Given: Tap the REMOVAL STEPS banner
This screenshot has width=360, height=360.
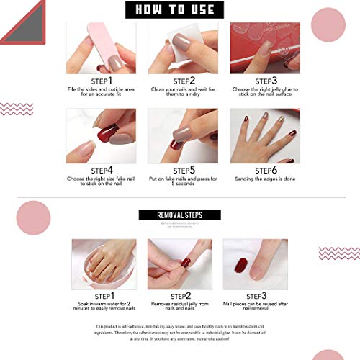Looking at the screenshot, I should [x=179, y=215].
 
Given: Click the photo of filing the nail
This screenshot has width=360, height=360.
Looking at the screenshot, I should [x=100, y=46].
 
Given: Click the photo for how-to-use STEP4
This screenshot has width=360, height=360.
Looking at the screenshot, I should [x=100, y=136].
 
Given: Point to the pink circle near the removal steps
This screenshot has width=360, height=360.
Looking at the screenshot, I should [x=31, y=217].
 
